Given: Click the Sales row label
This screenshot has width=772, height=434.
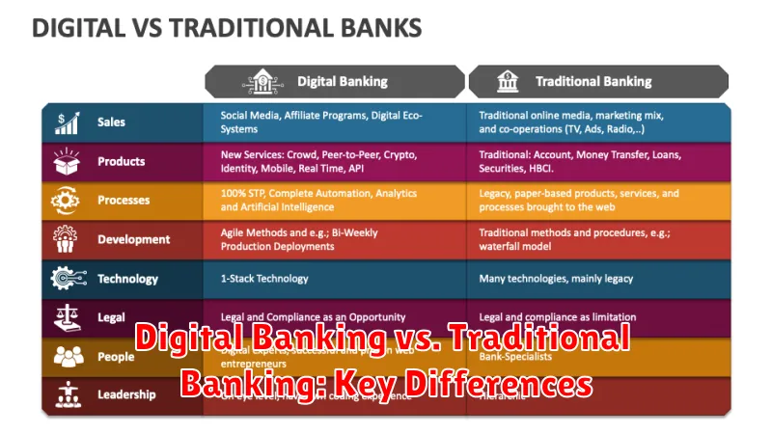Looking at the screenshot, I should click(x=111, y=122).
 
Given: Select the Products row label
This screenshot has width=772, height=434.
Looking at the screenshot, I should click(x=121, y=161).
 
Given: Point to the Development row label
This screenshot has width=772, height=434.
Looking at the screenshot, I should click(x=133, y=239).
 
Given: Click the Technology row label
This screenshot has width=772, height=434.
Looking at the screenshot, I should click(x=127, y=279).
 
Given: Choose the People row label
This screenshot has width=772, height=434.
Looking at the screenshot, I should click(x=116, y=356).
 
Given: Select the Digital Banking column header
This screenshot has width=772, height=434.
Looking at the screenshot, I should click(x=342, y=82).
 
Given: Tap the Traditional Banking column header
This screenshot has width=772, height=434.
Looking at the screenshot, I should click(x=593, y=82).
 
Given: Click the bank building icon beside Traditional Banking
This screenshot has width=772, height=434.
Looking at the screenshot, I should click(x=508, y=82).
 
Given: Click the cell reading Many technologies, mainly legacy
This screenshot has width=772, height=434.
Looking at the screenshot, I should click(x=556, y=279).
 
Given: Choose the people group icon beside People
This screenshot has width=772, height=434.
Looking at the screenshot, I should click(x=69, y=356).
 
